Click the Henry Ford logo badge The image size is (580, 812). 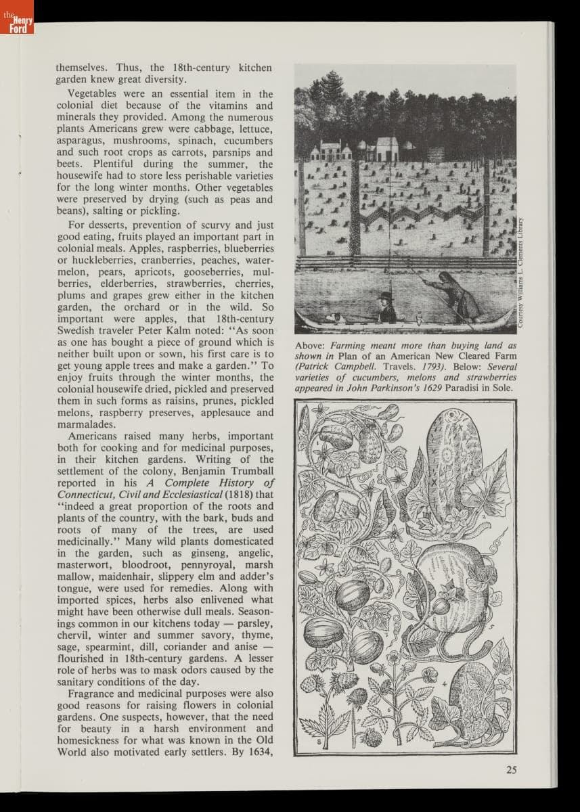point(16,18)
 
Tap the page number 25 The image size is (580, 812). point(511,769)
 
